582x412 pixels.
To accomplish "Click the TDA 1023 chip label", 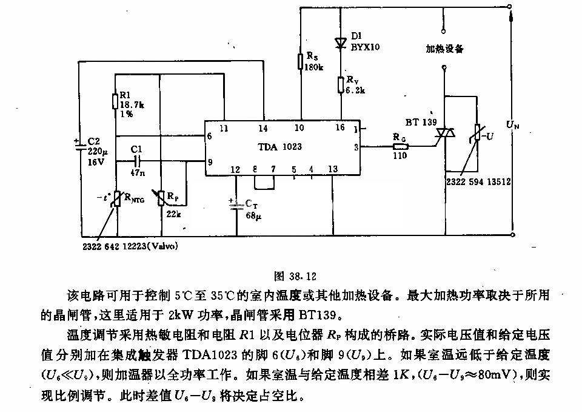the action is point(280,147).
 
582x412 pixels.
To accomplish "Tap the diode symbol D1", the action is point(341,44).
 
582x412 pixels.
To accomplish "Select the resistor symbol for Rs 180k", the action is point(301,61).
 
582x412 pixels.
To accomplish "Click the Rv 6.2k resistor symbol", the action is point(341,85).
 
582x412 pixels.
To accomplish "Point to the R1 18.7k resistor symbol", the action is point(115,101).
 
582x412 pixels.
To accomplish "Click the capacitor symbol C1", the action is point(137,161).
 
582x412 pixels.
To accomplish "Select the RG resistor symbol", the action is point(401,146).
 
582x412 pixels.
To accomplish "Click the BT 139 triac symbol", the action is point(445,133).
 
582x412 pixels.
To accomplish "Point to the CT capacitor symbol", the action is point(236,206).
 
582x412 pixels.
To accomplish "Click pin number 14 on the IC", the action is point(263,128).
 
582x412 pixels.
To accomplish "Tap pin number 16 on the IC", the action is point(340,127).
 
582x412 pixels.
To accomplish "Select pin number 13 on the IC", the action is point(333,169).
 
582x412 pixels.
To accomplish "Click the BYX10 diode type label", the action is point(365,47).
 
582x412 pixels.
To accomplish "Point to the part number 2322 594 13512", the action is point(478,181).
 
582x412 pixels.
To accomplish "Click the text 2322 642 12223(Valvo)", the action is point(130,246).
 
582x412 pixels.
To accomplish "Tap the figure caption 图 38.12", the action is point(295,276).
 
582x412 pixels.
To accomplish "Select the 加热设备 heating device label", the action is point(444,49).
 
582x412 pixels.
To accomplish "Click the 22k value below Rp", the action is point(173,214).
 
